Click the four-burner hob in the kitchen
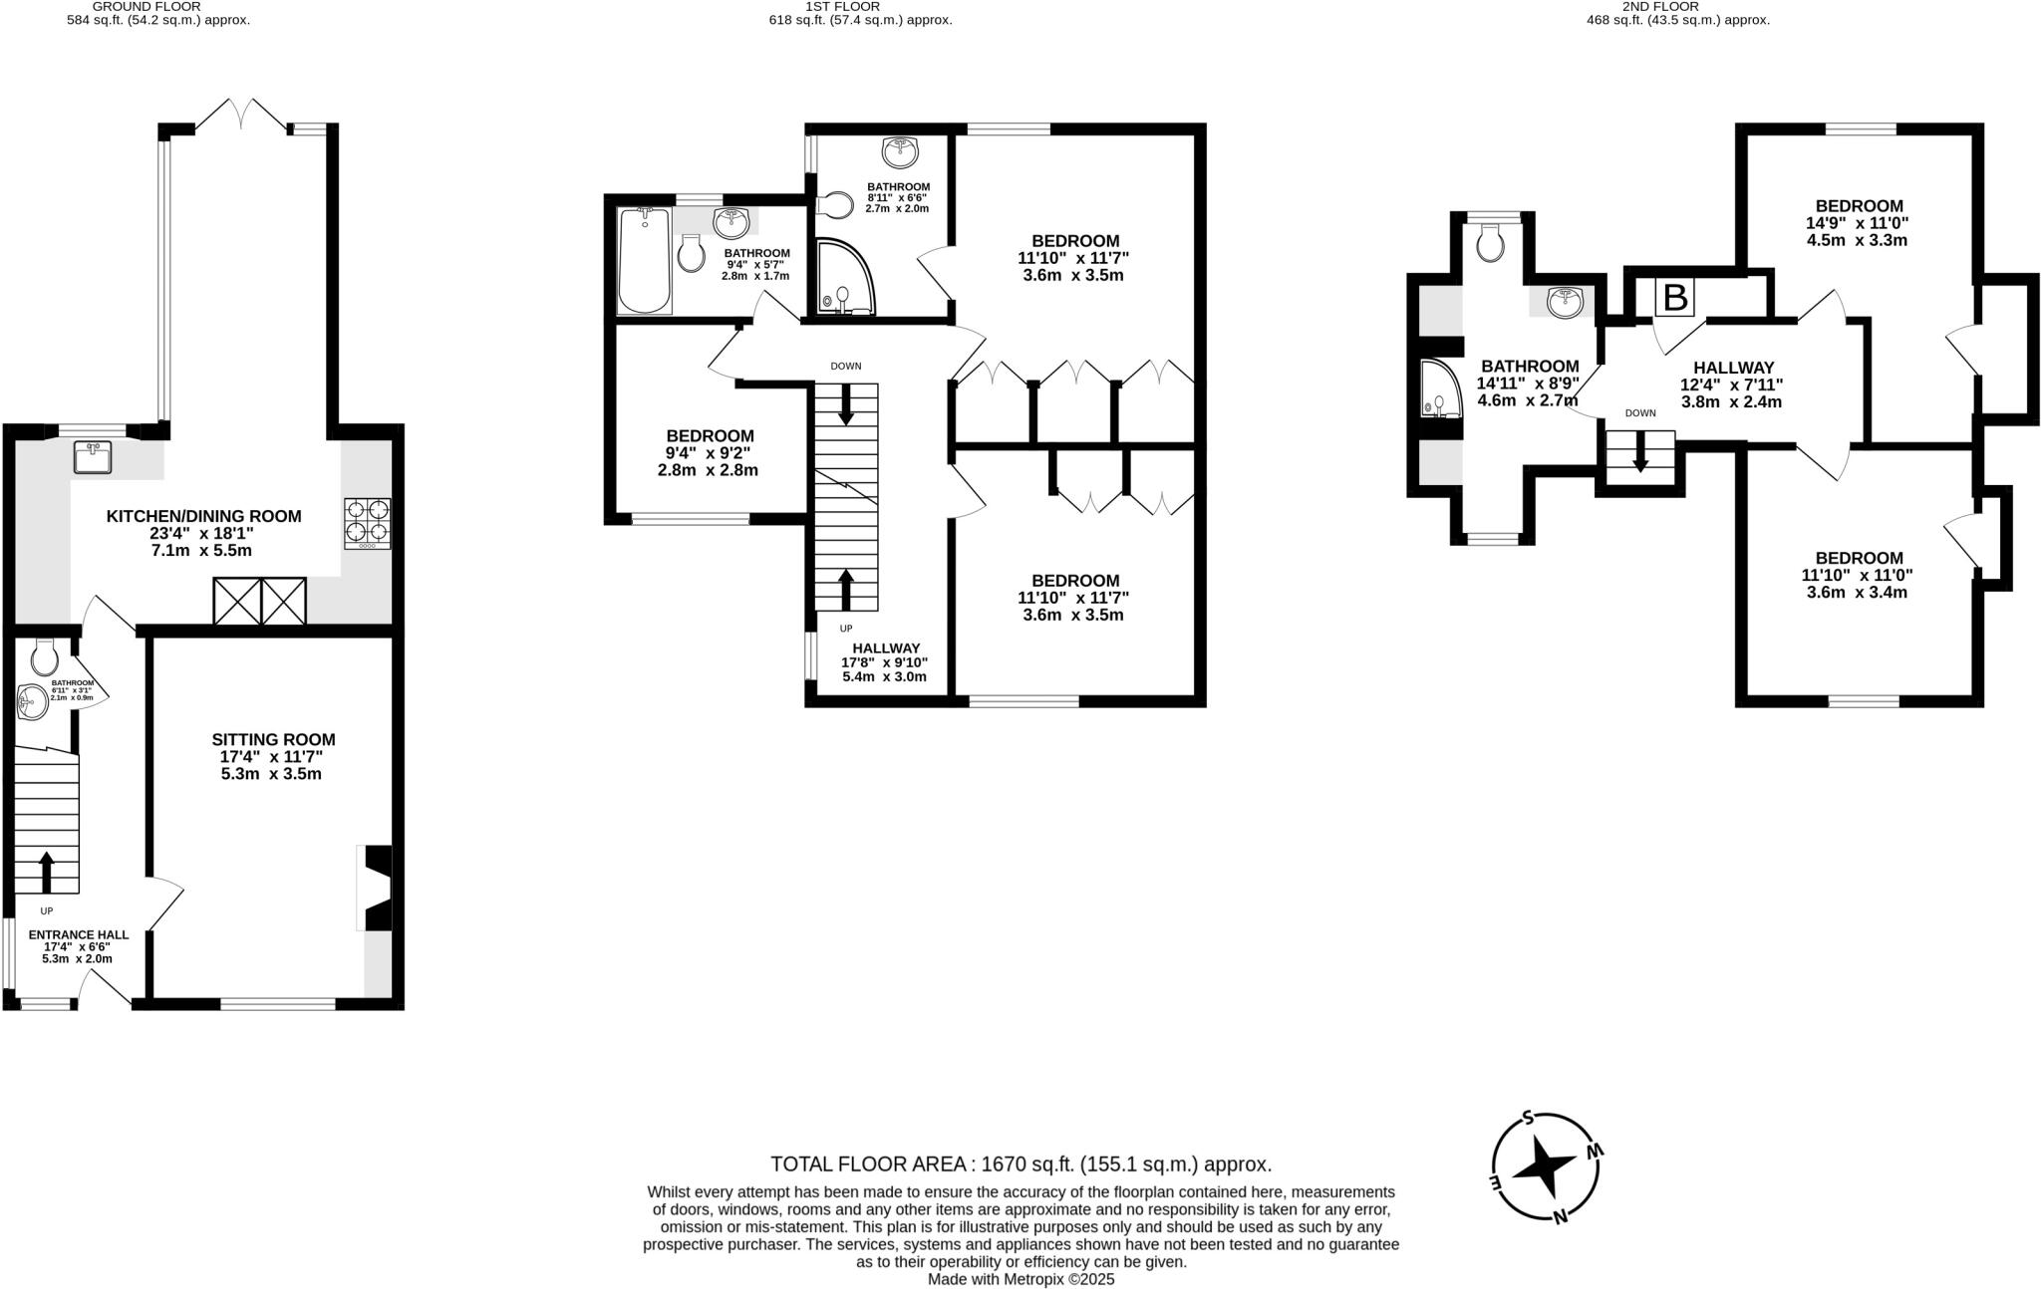point(368,523)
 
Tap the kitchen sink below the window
point(93,458)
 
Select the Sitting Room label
point(273,756)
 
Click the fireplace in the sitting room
point(376,889)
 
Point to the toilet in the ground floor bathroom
point(44,656)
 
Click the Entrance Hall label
point(78,946)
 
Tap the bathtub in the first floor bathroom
point(644,261)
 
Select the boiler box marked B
point(1675,297)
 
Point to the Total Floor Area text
point(1020,1164)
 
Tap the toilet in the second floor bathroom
point(1490,243)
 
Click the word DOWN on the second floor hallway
point(1640,413)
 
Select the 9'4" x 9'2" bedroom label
point(709,452)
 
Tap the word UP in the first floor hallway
point(846,629)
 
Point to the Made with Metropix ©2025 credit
point(1020,1280)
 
